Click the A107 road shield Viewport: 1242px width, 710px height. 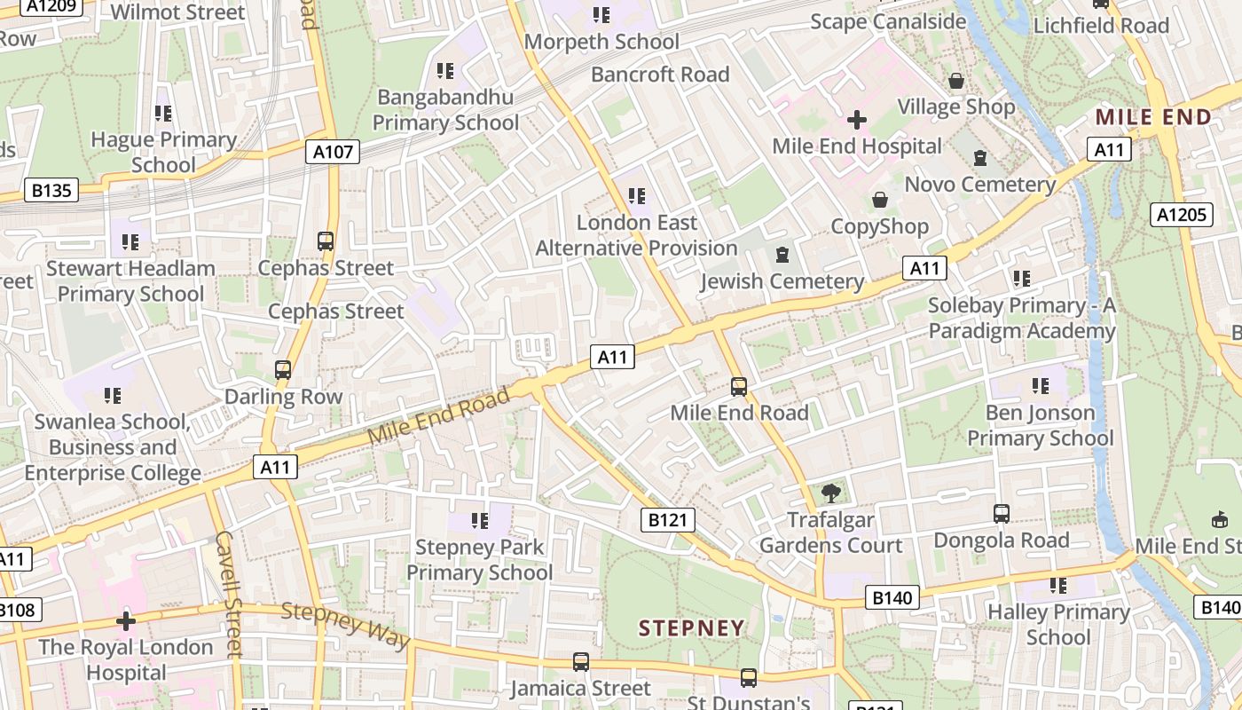point(334,152)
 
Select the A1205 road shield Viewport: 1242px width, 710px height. point(1183,214)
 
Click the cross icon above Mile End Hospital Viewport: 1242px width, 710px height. point(857,119)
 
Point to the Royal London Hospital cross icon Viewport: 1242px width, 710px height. point(126,621)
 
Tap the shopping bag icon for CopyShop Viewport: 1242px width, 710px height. point(880,200)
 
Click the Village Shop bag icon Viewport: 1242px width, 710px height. point(956,81)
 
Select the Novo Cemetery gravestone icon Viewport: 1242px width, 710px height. point(980,158)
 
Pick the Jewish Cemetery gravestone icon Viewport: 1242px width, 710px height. point(782,256)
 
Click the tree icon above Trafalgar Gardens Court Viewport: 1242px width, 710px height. point(831,493)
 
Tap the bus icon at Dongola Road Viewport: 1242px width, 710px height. point(1002,514)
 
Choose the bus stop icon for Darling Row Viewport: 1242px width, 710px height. point(283,370)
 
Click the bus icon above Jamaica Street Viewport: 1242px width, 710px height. point(581,662)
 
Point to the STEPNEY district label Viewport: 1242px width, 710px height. point(691,628)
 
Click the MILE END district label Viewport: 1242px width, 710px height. point(1153,117)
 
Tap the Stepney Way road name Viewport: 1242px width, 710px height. point(346,625)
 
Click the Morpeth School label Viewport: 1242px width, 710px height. point(601,42)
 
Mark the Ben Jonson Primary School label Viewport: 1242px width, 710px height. point(1040,425)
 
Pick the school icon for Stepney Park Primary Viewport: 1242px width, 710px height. point(480,521)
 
